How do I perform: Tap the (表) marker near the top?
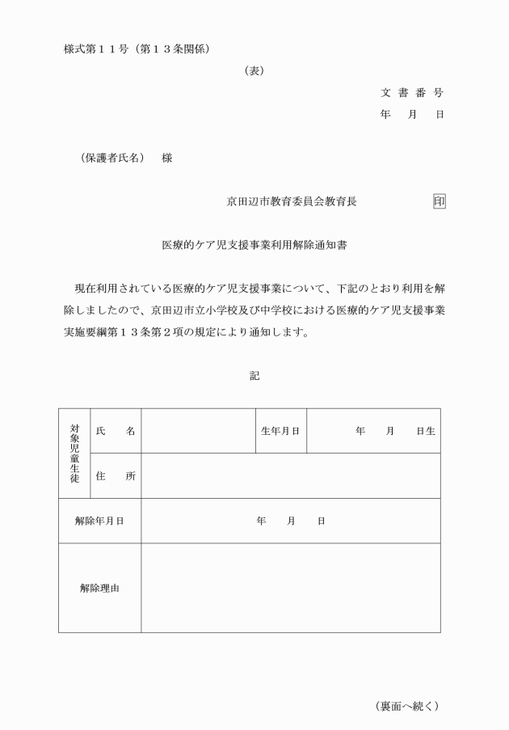[x=254, y=71]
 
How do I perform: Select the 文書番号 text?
[x=411, y=92]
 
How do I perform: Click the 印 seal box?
[x=439, y=201]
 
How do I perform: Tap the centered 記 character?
[x=254, y=375]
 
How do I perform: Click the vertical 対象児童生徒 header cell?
[x=74, y=453]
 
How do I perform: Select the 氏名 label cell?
[x=115, y=431]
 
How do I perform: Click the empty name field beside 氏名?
[x=198, y=431]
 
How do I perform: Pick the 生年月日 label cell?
[x=280, y=431]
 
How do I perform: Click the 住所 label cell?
[x=115, y=476]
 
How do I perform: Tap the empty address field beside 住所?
[x=291, y=476]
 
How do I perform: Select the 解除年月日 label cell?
[x=99, y=521]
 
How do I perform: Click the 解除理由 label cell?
[x=99, y=589]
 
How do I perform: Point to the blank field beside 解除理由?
[x=291, y=589]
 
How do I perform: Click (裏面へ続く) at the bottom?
[x=407, y=706]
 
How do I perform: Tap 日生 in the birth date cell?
[x=426, y=431]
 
